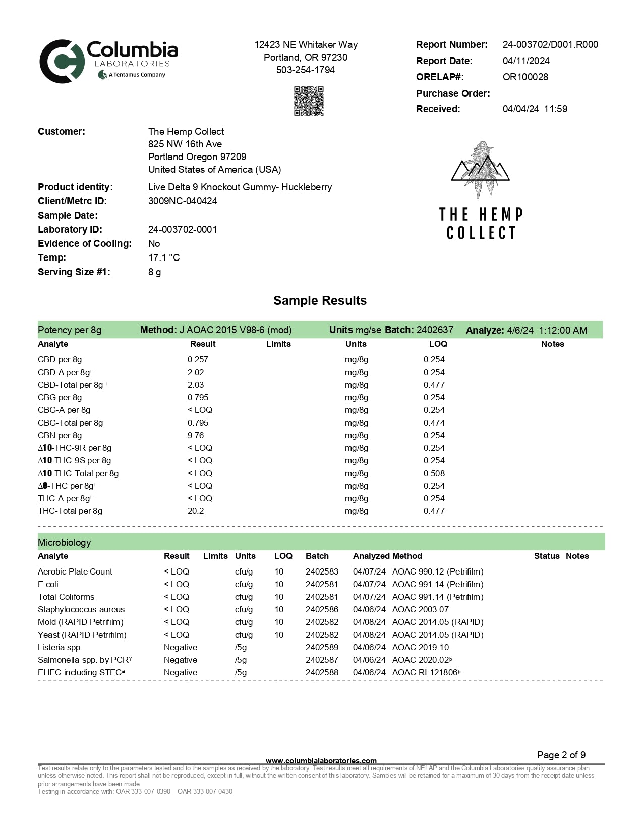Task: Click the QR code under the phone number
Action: pos(309,101)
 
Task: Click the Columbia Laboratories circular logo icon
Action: pos(62,62)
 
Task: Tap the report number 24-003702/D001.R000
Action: pos(550,44)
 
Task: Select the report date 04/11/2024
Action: pos(526,61)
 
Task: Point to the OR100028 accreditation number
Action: pos(525,77)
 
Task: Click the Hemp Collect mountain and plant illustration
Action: pos(480,169)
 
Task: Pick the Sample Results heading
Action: pos(320,301)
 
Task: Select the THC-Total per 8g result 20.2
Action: pos(196,511)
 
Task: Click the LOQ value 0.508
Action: pos(434,473)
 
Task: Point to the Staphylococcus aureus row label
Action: pos(81,609)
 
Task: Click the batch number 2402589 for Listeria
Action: pos(322,647)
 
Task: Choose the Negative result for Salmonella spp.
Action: pos(181,660)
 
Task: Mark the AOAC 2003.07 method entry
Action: pos(420,609)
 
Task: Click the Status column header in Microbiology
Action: pos(547,556)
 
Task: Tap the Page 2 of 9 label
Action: pos(561,755)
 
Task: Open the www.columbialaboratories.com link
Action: pos(321,761)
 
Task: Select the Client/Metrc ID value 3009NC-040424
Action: pos(183,201)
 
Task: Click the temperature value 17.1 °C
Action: pos(164,257)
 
